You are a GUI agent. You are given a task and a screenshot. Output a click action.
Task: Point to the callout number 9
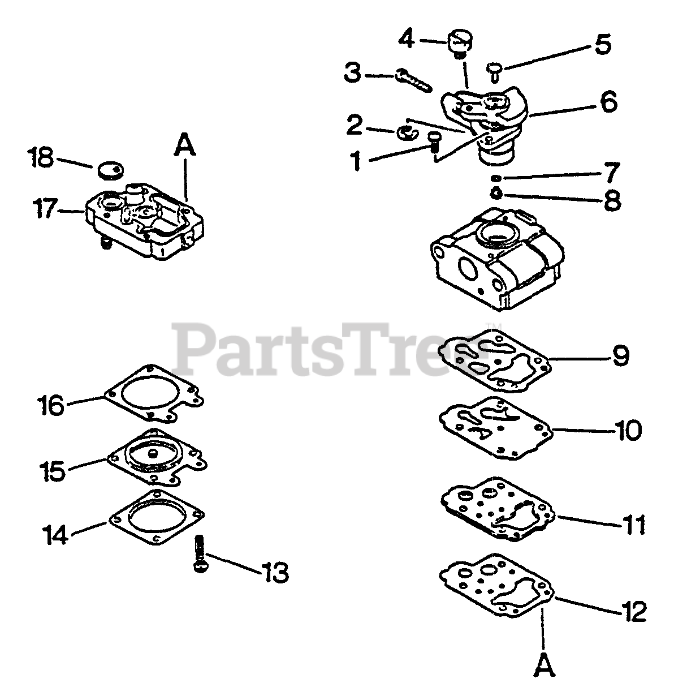click(620, 355)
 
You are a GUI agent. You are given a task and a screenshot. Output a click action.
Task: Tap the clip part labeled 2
click(406, 132)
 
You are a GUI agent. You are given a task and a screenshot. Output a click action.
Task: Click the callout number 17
click(45, 211)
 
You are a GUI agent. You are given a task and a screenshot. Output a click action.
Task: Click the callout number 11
click(633, 525)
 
